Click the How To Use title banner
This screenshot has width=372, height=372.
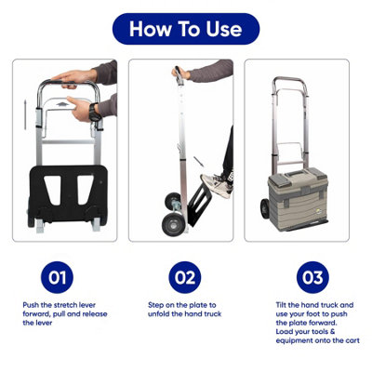tap(186, 29)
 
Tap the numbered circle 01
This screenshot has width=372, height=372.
tap(57, 277)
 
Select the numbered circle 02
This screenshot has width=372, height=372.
tap(185, 277)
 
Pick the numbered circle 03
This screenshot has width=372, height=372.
tap(312, 277)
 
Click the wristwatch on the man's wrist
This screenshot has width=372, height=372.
tap(95, 113)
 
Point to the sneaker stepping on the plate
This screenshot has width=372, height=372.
tap(216, 185)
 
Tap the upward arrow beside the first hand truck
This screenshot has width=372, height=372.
tap(25, 114)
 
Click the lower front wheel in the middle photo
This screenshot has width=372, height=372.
tap(172, 222)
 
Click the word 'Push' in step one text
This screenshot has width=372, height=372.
tap(31, 305)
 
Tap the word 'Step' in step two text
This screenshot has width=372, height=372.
tap(155, 305)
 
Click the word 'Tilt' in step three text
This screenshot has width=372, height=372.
tap(282, 305)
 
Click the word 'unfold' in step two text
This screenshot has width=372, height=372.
tap(158, 313)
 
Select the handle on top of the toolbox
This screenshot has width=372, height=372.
tap(298, 172)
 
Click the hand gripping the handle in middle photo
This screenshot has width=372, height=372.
tap(180, 73)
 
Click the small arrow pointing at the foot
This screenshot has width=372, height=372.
tap(198, 162)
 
